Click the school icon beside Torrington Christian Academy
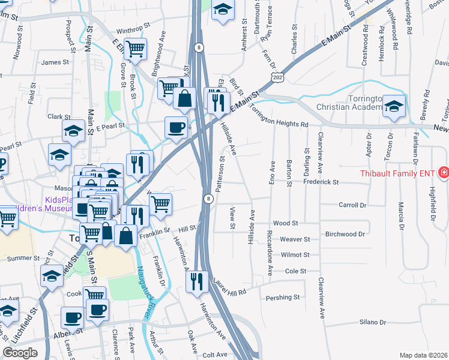394,106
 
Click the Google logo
20,353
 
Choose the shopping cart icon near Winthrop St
136,48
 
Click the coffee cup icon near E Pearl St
176,127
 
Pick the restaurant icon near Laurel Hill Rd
197,280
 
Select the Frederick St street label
321,182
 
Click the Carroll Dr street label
352,205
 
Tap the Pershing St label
283,297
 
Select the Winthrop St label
131,30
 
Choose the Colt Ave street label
215,355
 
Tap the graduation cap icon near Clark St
73,131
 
